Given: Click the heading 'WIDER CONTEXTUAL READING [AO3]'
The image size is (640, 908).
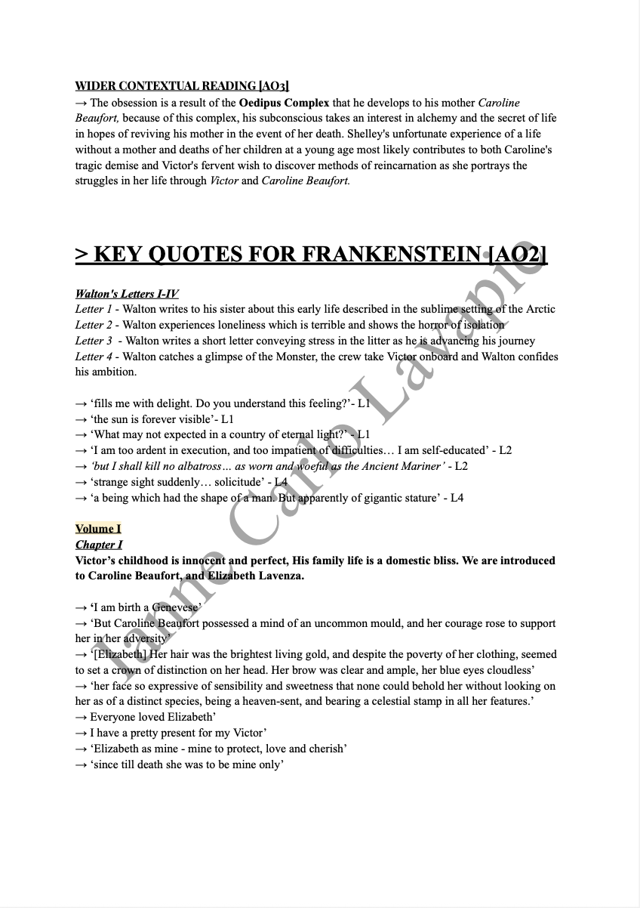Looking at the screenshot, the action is pyautogui.click(x=182, y=87).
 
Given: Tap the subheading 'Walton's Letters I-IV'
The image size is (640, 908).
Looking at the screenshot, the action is pyautogui.click(x=127, y=294).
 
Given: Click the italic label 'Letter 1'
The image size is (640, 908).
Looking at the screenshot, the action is pyautogui.click(x=94, y=309).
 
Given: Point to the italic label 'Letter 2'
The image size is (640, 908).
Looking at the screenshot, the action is pyautogui.click(x=94, y=325).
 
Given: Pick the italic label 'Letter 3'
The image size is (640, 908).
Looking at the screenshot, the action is pyautogui.click(x=94, y=341).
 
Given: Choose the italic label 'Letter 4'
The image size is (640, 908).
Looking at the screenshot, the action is pyautogui.click(x=94, y=357).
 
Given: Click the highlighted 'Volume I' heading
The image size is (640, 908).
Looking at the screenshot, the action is pyautogui.click(x=98, y=529).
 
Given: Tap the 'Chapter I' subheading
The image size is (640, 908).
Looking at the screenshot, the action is pyautogui.click(x=99, y=545).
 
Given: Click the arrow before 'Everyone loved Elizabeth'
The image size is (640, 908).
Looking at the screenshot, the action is pyautogui.click(x=82, y=717).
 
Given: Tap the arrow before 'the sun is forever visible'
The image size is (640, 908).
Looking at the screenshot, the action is pyautogui.click(x=82, y=419).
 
